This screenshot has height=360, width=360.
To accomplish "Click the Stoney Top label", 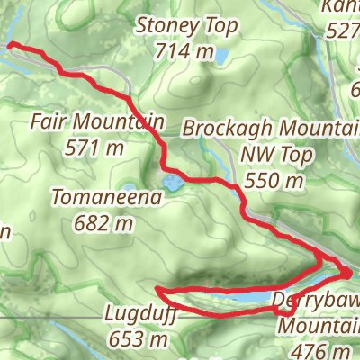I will [188, 26].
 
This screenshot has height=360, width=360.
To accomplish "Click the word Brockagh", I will [219, 129].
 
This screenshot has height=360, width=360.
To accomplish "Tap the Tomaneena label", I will [106, 194].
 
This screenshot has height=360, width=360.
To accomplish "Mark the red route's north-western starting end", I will [11, 44].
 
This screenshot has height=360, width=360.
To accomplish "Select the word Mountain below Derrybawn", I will [317, 326].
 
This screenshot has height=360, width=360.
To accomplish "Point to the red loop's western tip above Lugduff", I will [158, 290].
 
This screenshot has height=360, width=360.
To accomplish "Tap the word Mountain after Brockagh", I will [308, 129].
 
